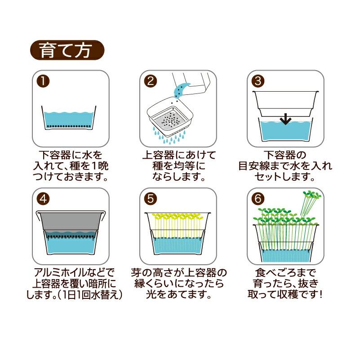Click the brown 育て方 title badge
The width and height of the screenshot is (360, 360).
67,50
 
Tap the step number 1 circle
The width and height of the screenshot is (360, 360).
43,81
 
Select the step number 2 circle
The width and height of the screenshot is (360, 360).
151,81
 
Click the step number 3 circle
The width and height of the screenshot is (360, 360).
258,81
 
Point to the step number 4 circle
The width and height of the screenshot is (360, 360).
43,199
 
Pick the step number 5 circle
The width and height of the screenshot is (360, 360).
151,199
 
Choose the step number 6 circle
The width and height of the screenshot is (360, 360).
258,199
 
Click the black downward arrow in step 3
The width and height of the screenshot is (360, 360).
285,119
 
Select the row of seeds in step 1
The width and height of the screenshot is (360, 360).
68,126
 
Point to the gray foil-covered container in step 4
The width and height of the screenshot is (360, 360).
71,222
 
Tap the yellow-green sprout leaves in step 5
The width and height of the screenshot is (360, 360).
178,217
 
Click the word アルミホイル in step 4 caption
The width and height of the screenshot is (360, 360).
57,272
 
